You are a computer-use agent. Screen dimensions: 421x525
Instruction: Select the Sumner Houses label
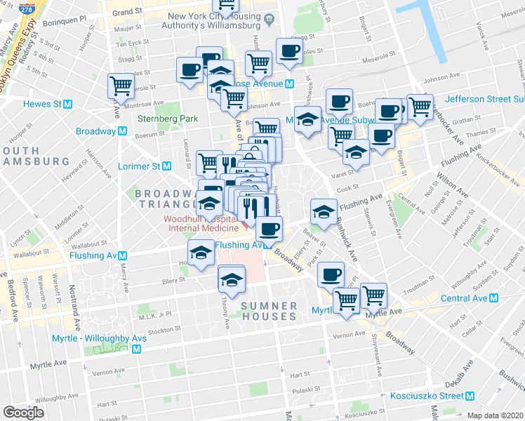point(269,312)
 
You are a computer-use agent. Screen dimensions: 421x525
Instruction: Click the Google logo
point(24,413)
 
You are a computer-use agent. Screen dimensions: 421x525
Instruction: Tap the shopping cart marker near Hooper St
point(121,86)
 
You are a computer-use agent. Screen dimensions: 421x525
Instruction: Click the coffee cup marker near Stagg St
point(289,51)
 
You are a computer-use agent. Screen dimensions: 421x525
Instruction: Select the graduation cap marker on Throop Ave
point(231,279)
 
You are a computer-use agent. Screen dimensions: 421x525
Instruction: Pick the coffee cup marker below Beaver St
point(331,275)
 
